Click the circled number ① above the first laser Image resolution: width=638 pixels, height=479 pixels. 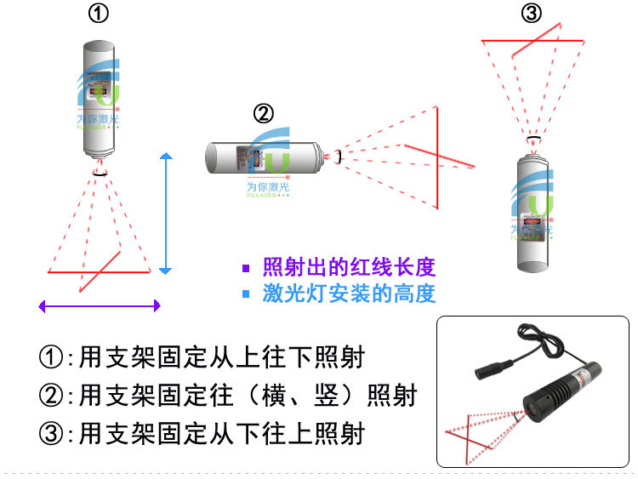(x=99, y=14)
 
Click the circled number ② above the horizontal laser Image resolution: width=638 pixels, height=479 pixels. (x=265, y=112)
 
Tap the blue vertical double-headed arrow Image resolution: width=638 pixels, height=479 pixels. (x=167, y=213)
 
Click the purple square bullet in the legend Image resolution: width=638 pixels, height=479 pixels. (x=246, y=268)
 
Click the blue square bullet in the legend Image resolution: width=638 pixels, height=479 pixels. (x=246, y=294)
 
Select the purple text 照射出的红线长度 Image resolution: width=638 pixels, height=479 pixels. (x=349, y=267)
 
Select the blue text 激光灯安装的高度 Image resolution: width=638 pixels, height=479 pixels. (x=349, y=294)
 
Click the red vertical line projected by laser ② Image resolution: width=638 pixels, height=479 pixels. (x=437, y=157)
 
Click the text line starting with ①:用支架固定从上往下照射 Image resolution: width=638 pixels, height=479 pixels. (x=202, y=357)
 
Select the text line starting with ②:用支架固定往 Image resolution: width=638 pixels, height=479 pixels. (x=228, y=396)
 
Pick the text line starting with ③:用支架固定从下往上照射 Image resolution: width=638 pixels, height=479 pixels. (x=202, y=434)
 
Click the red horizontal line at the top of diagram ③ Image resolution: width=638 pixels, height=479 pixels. (x=533, y=40)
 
